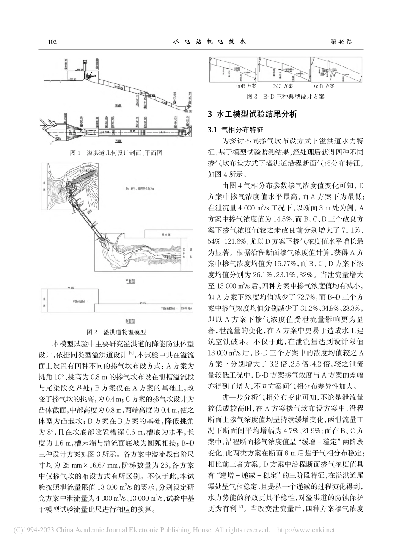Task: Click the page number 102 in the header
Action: (x=53, y=41)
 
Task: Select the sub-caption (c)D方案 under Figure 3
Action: (x=323, y=86)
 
